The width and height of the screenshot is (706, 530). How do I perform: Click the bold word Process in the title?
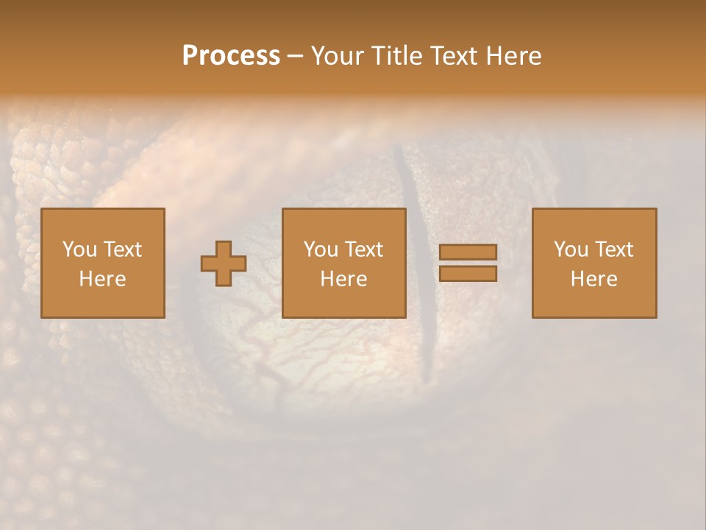point(231,56)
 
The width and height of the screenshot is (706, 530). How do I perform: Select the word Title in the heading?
point(397,56)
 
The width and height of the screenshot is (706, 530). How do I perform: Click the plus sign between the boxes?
point(224,264)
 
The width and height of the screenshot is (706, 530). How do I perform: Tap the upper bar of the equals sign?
point(468,252)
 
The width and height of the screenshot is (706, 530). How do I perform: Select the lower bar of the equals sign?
point(468,274)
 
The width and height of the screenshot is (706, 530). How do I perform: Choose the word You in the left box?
point(79,250)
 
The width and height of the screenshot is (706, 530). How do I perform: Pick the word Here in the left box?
point(102,279)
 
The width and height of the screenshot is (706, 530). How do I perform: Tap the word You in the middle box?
point(321,250)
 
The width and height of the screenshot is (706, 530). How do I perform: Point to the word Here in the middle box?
point(343,279)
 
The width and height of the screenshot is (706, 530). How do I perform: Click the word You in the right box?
point(571,250)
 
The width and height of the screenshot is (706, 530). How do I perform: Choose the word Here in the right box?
point(593,279)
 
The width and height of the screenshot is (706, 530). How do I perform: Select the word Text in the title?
point(454,56)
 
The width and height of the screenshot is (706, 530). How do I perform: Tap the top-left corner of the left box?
point(41,209)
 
